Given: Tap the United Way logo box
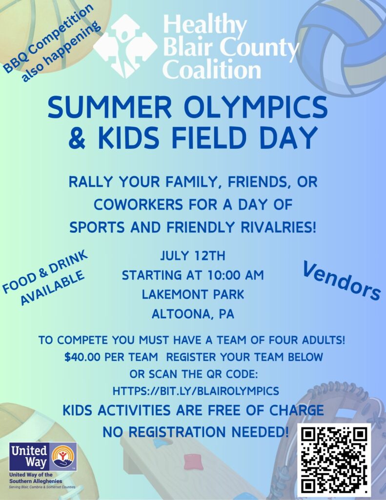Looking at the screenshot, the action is tap(43, 457).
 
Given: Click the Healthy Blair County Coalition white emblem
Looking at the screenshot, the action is tap(125, 46).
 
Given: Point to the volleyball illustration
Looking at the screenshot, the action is tap(343, 46).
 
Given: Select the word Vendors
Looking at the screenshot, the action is tap(342, 280).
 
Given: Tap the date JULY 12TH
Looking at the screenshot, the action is tap(193, 256).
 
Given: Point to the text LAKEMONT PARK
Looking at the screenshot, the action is tap(193, 294).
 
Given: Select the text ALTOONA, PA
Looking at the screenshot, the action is tap(193, 314).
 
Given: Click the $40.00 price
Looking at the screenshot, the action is tap(82, 357).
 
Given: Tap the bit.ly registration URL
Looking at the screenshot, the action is tap(196, 391).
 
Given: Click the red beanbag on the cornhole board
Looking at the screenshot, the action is tap(193, 463).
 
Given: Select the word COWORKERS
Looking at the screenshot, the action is tap(138, 205).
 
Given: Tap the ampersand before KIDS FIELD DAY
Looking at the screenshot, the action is tap(77, 138).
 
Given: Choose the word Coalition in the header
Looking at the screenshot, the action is tap(212, 69).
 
